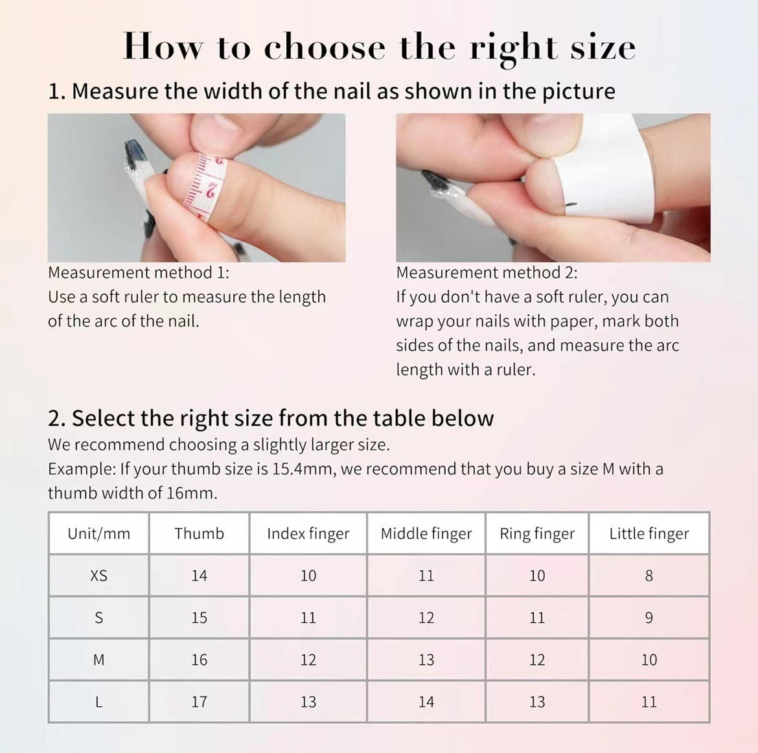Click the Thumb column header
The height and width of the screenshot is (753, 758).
click(199, 533)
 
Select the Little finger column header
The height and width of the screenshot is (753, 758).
click(649, 533)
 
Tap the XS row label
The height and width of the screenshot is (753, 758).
click(98, 575)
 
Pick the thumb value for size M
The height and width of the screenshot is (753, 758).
click(199, 660)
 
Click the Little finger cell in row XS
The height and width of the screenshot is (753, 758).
click(649, 575)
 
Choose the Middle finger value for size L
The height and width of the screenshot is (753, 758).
click(426, 702)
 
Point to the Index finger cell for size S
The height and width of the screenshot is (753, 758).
click(308, 618)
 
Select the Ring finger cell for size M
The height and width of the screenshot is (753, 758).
click(536, 660)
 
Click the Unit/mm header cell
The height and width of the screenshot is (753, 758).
click(98, 533)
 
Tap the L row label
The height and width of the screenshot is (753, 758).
click(98, 702)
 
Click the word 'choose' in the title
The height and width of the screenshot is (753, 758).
click(324, 48)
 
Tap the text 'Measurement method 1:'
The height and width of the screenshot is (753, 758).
click(139, 273)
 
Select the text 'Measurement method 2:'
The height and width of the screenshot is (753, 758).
click(487, 273)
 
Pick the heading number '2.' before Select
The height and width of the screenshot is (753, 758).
click(57, 419)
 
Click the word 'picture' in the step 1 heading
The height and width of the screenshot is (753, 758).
click(578, 91)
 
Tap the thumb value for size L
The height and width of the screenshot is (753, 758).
click(199, 702)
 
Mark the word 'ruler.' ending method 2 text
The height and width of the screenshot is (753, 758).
click(516, 370)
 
